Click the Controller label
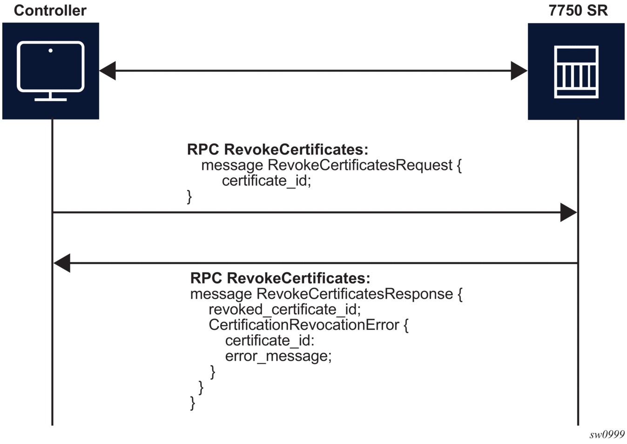(x=50, y=10)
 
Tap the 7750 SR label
(x=578, y=10)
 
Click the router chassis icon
(x=576, y=72)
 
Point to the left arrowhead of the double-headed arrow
(x=107, y=71)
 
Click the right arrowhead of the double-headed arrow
(x=519, y=71)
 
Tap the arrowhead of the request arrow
(x=568, y=212)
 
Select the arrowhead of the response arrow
(x=62, y=263)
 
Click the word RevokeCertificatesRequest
(x=360, y=165)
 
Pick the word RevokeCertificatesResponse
(x=355, y=294)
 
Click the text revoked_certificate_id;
(x=284, y=309)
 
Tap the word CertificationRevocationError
(x=303, y=325)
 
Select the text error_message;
(x=278, y=356)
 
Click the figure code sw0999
(x=607, y=435)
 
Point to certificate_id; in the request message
(x=266, y=181)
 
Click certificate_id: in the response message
(x=270, y=341)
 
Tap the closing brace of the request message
(x=189, y=196)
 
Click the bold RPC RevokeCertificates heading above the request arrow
(x=277, y=149)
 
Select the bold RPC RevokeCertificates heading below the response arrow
(x=280, y=278)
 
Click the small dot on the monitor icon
(x=50, y=50)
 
